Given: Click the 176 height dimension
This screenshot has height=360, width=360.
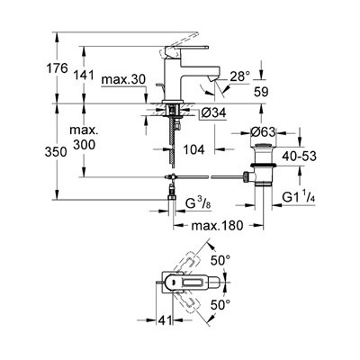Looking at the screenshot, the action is (x=57, y=68).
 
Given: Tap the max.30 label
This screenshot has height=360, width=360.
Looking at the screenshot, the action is (x=123, y=80).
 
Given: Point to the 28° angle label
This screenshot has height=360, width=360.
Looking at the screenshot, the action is (x=240, y=76).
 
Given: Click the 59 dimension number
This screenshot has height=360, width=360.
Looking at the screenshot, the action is (x=261, y=92).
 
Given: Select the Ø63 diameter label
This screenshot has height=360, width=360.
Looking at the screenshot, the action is (x=263, y=132).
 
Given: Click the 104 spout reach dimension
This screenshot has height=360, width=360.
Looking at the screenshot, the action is (x=193, y=149).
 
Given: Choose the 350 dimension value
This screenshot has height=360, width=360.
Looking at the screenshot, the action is (x=56, y=152).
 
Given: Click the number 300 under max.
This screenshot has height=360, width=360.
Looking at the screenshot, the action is (x=85, y=145).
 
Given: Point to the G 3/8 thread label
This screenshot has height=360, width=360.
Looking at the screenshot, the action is (x=197, y=204).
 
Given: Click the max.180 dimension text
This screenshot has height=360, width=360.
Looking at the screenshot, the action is (x=217, y=225).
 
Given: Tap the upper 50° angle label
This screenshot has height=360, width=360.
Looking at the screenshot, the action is (x=220, y=260).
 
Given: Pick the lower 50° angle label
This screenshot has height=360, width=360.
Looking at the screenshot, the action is (x=220, y=305).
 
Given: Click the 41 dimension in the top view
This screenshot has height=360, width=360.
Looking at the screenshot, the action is (x=165, y=320).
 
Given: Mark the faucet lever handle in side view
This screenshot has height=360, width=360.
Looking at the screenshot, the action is (x=186, y=49).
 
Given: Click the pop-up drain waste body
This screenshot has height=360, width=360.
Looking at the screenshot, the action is (x=263, y=166).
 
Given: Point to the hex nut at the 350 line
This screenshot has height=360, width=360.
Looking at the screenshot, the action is (x=172, y=196).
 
